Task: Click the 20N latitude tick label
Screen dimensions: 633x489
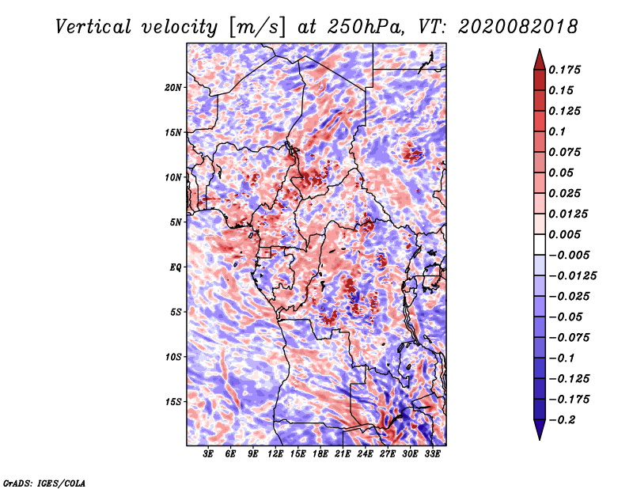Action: point(173,88)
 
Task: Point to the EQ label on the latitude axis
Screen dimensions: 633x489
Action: point(176,267)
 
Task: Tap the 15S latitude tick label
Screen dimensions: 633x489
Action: point(173,402)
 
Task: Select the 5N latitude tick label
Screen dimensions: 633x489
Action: point(176,222)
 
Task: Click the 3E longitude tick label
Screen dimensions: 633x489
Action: point(208,454)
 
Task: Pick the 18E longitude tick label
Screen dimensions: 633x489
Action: point(320,454)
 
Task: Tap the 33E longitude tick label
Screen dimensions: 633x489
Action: point(432,454)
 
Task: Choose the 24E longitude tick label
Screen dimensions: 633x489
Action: point(365,454)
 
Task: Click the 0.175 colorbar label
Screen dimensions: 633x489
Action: point(564,70)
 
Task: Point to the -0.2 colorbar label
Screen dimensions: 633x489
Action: point(562,420)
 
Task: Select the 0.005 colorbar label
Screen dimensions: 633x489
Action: point(564,234)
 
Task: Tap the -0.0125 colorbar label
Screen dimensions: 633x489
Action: point(572,276)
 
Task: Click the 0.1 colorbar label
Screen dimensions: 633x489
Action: point(557,131)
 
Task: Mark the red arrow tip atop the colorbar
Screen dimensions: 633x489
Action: point(540,49)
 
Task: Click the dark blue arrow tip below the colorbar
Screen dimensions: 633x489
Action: point(540,439)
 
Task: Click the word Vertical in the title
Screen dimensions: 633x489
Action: point(93,27)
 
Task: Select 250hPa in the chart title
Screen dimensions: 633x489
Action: point(365,27)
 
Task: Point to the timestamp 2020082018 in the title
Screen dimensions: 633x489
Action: point(518,27)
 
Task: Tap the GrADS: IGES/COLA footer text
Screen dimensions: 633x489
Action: point(44,483)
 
